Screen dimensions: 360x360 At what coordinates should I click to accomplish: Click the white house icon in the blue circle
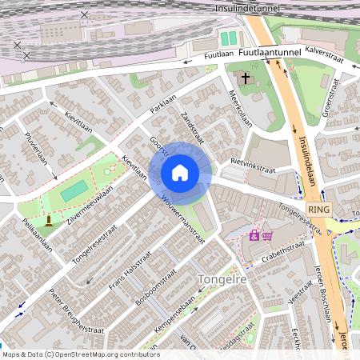[179, 172]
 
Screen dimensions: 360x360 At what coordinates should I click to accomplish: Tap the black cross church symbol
[246, 79]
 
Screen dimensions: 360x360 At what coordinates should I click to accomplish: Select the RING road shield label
[318, 209]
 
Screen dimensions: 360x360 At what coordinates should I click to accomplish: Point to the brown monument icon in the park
[49, 220]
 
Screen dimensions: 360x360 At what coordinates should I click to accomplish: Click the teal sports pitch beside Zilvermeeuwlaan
[74, 191]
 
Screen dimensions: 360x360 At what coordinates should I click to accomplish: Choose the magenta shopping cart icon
[267, 235]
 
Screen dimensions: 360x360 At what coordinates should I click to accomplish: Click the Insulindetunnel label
[246, 7]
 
